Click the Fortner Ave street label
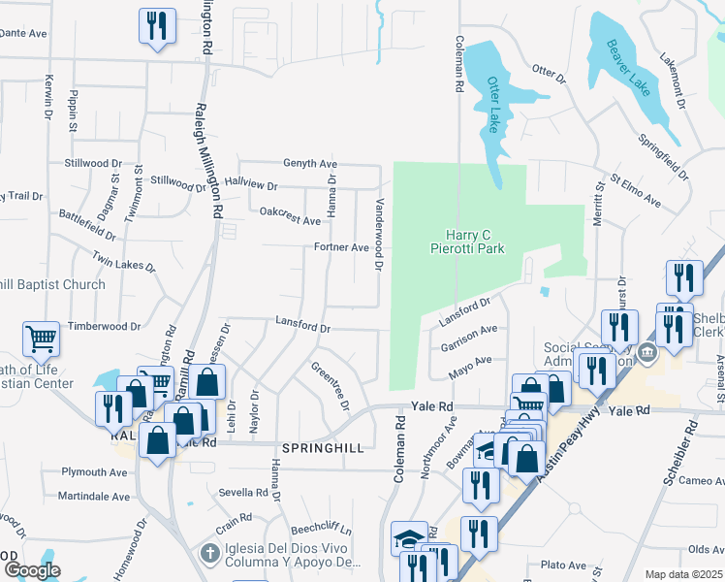341,247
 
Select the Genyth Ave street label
309,164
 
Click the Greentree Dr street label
330,385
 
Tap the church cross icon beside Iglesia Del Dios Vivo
209,553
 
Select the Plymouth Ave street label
94,472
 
